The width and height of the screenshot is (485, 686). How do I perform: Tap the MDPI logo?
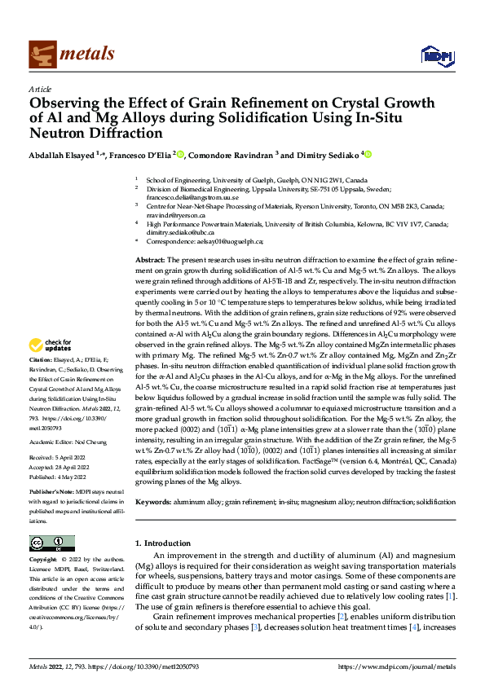[x=435, y=55]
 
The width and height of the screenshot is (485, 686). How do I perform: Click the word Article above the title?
[x=39, y=89]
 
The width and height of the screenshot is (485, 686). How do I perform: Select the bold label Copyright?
[x=45, y=561]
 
